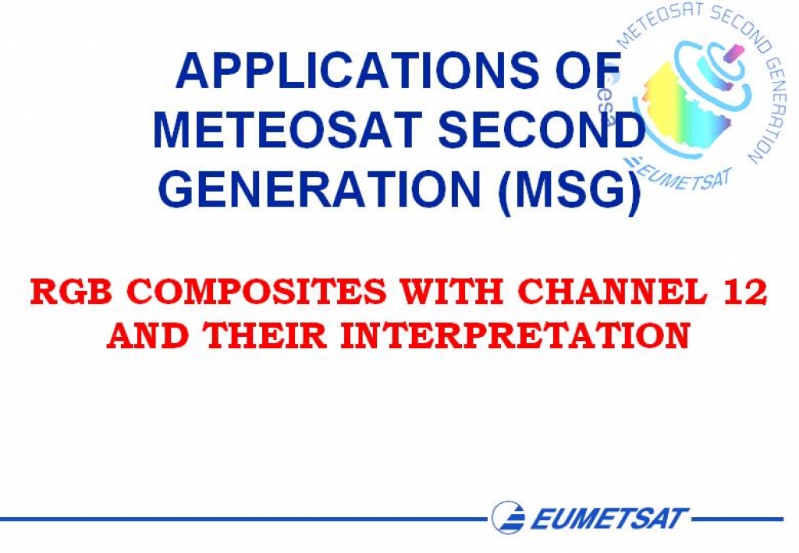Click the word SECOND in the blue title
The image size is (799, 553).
click(x=542, y=129)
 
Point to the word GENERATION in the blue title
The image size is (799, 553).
click(x=320, y=189)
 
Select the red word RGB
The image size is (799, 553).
click(x=71, y=292)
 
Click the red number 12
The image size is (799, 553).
click(x=745, y=292)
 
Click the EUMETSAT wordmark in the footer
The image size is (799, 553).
click(x=609, y=519)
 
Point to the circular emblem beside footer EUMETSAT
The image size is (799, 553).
click(x=509, y=517)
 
